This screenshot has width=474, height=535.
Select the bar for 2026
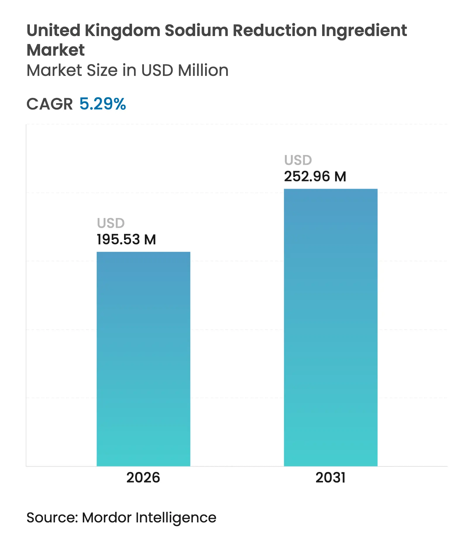143,359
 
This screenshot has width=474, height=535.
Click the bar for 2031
331,327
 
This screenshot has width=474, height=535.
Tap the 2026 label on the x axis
143,478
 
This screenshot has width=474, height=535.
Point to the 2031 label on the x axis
331,478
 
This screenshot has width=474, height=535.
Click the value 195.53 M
126,240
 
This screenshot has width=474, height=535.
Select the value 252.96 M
315,177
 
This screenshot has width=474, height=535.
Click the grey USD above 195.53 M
111,223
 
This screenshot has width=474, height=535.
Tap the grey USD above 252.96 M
298,160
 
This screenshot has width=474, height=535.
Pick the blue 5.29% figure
103,104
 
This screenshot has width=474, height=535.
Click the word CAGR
50,104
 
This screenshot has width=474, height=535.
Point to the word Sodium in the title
196,30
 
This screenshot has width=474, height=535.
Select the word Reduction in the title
275,30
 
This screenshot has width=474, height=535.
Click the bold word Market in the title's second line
56,50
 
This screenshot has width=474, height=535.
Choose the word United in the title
54,30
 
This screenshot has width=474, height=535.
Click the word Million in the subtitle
203,71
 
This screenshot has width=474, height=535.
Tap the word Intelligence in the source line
176,518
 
